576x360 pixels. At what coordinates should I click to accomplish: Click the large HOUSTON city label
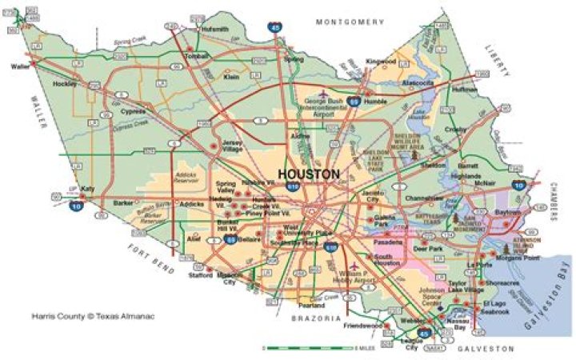point(309,174)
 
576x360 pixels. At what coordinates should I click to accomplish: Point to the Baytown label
point(507,212)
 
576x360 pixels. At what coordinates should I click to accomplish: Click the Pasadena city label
point(388,241)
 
